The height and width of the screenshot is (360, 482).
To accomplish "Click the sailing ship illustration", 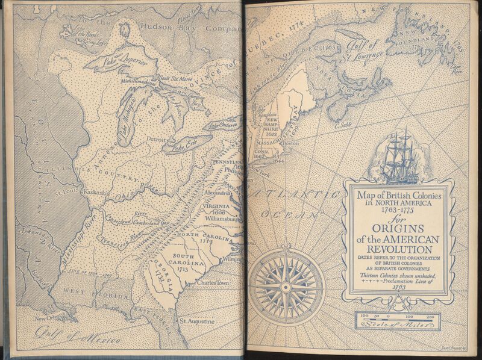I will coord(401,155).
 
